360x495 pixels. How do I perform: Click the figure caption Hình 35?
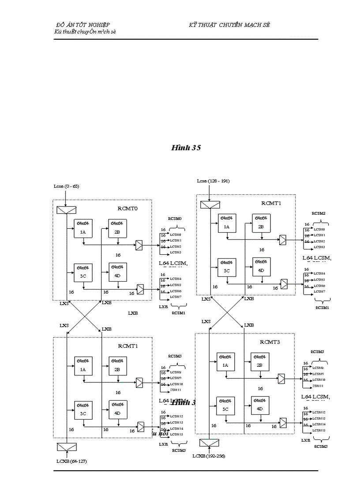coord(186,148)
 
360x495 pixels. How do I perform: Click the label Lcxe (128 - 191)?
coord(213,181)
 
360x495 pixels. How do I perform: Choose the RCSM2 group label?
coord(319,213)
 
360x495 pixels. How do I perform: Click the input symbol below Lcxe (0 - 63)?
coord(67,211)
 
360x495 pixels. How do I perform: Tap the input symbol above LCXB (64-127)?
coord(67,447)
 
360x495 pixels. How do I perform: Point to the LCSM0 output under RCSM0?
coord(176,235)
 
